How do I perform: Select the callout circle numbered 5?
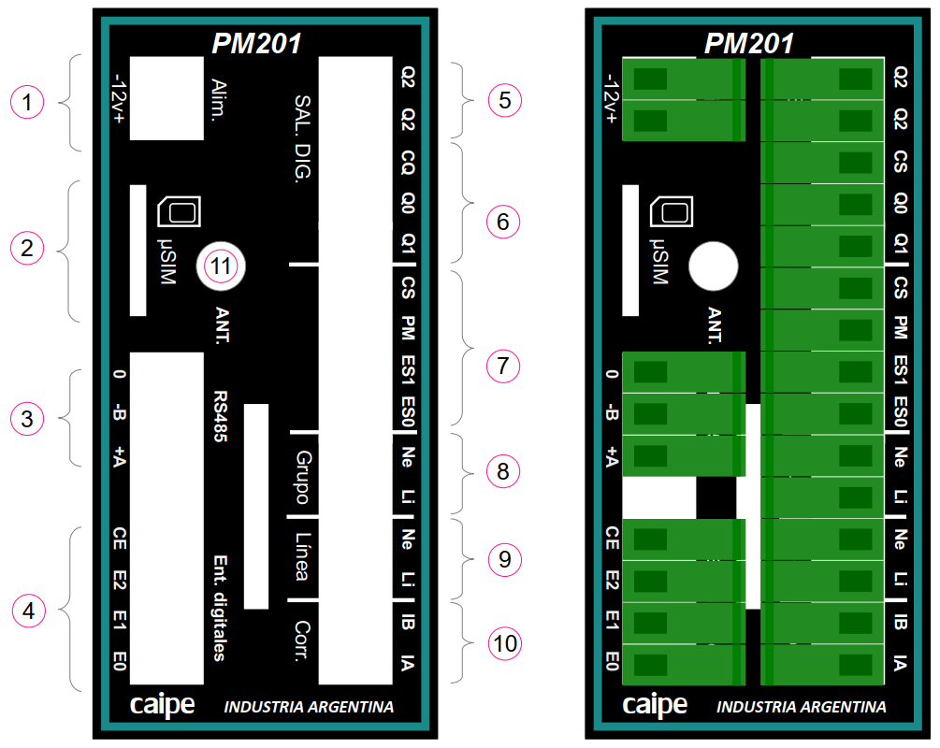coord(505,100)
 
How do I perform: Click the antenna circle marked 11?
coord(220,266)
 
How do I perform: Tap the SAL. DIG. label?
coord(301,139)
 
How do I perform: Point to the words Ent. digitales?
coord(221,608)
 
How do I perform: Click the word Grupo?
coord(302,475)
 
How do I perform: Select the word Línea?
coord(302,559)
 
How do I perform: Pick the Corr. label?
coord(302,641)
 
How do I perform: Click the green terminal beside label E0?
coord(683,665)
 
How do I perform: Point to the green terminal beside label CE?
coord(683,539)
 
